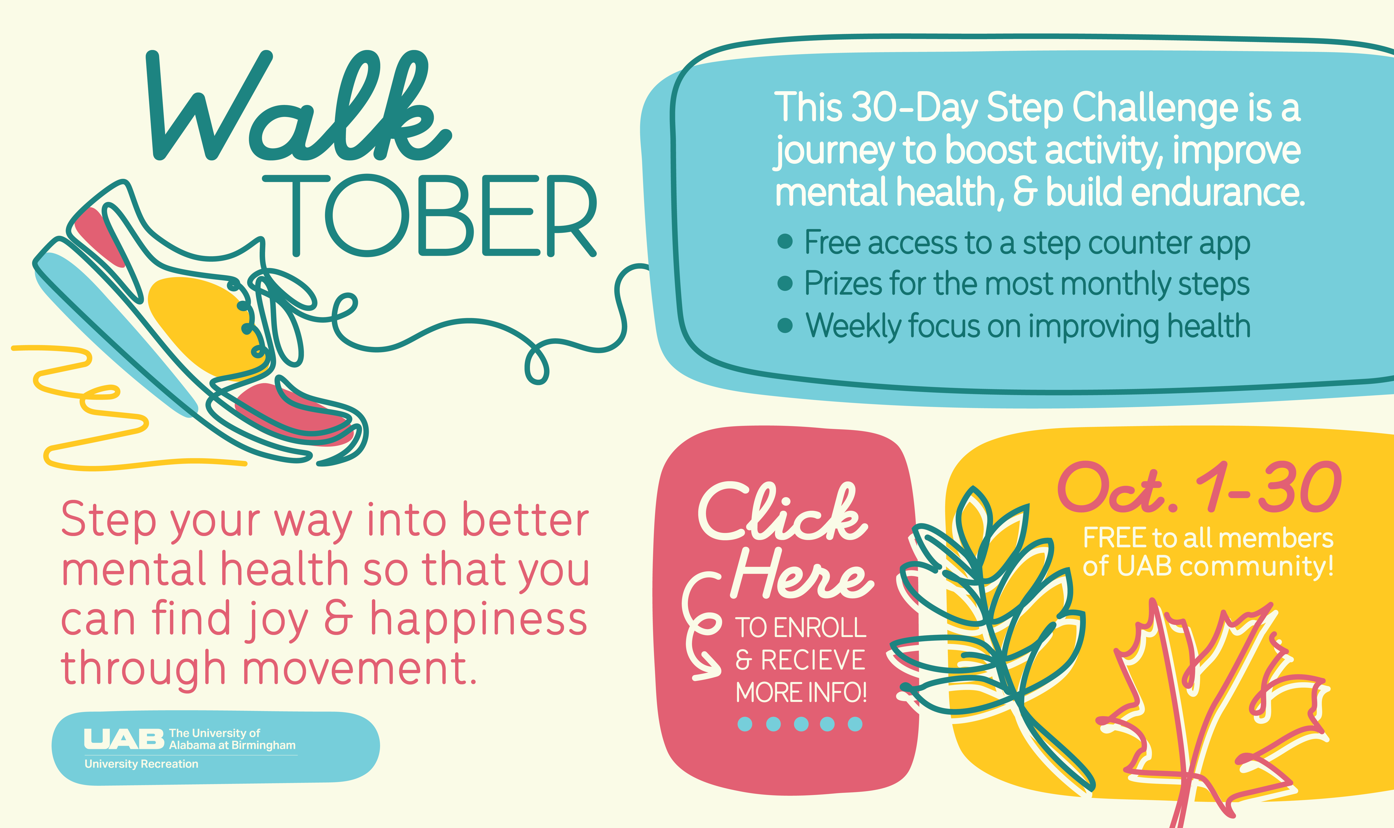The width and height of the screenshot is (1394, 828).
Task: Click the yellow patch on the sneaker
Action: pyautogui.click(x=204, y=324)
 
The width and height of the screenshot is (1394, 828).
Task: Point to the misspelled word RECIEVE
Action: pyautogui.click(x=813, y=660)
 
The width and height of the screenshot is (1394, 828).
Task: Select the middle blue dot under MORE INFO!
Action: pyautogui.click(x=801, y=724)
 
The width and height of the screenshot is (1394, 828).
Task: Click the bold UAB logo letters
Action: pyautogui.click(x=124, y=739)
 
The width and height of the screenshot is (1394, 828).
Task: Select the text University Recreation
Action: pyautogui.click(x=141, y=764)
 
